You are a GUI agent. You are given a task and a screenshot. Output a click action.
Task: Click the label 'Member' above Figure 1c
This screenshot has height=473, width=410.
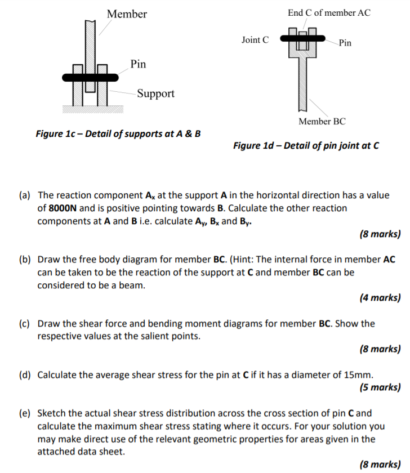pyautogui.click(x=127, y=14)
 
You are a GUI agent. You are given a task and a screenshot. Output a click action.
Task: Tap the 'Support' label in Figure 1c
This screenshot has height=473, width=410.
pyautogui.click(x=155, y=93)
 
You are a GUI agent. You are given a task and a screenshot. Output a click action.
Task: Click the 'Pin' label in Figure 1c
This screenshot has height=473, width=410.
pyautogui.click(x=138, y=64)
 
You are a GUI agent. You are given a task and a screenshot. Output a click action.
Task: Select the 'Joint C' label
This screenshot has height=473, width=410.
pyautogui.click(x=255, y=40)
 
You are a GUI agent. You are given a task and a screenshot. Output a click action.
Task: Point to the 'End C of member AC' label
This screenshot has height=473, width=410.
pyautogui.click(x=329, y=12)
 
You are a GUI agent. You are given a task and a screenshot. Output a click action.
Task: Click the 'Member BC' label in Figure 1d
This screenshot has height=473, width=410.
pyautogui.click(x=322, y=121)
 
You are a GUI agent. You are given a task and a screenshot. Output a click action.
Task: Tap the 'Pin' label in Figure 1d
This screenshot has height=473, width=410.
pyautogui.click(x=345, y=43)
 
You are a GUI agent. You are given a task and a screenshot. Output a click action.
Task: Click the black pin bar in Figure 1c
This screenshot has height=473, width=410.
pyautogui.click(x=90, y=77)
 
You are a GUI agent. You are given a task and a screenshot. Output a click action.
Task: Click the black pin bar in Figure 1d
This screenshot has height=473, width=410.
pyautogui.click(x=302, y=38)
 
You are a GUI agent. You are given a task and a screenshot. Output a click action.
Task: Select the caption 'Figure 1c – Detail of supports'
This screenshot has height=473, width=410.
pyautogui.click(x=118, y=134)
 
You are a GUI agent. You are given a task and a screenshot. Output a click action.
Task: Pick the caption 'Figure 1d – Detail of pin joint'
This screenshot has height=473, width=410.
pyautogui.click(x=306, y=146)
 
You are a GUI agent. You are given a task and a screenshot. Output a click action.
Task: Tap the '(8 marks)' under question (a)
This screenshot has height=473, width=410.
pyautogui.click(x=380, y=234)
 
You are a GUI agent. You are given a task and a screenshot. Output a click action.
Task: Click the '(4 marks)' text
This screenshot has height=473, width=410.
pyautogui.click(x=380, y=298)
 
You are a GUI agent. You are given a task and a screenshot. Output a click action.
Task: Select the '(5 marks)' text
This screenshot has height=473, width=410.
pyautogui.click(x=380, y=387)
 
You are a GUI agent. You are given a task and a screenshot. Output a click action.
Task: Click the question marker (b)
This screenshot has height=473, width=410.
pyautogui.click(x=25, y=260)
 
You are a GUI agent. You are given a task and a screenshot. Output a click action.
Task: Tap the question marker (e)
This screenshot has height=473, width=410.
pyautogui.click(x=25, y=413)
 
